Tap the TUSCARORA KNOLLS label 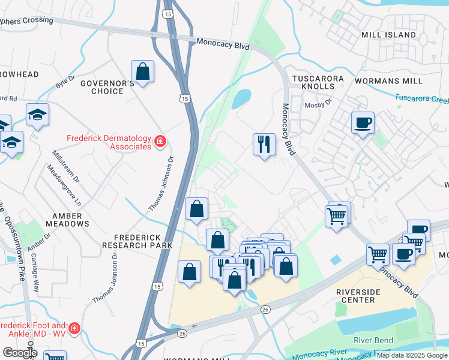[318, 83]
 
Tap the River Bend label [373, 340]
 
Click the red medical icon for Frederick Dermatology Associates [160, 142]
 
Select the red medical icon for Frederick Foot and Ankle [74, 329]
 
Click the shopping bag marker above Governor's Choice [143, 72]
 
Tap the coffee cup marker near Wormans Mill [363, 124]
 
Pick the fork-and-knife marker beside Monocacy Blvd [264, 145]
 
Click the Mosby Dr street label [320, 103]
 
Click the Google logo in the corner [19, 352]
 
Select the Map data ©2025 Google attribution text [412, 355]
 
